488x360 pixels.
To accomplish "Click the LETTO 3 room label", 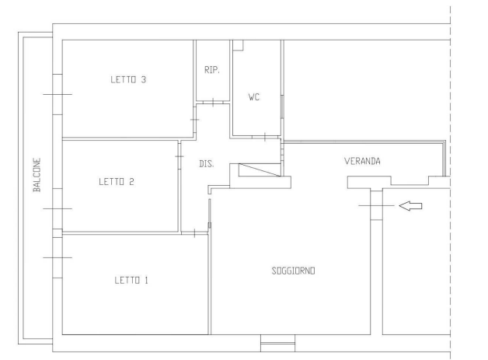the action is (128, 80).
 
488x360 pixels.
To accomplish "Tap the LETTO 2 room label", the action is (117, 182).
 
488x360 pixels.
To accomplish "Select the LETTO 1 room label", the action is (131, 280).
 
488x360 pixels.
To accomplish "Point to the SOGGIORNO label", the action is (293, 271).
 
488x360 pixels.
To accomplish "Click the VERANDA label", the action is (362, 161).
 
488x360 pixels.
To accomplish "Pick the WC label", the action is (254, 97).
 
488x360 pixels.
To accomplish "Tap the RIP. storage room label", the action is (212, 70).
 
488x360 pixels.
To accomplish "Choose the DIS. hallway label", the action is (207, 164).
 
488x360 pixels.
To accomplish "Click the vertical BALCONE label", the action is (37, 175).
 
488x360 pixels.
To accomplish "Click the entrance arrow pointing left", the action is (410, 206).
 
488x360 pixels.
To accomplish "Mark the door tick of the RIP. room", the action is (213, 102).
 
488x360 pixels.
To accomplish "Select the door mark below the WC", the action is (265, 137).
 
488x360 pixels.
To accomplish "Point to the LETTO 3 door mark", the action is (194, 120).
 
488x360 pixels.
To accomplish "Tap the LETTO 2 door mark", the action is (180, 156).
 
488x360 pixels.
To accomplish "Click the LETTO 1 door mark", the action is (194, 233).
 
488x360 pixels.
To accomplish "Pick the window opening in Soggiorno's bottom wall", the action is (277, 343).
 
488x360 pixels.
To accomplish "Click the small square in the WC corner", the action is (238, 45).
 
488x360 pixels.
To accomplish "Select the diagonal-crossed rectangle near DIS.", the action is (260, 170).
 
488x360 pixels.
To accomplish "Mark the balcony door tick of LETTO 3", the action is (58, 94).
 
